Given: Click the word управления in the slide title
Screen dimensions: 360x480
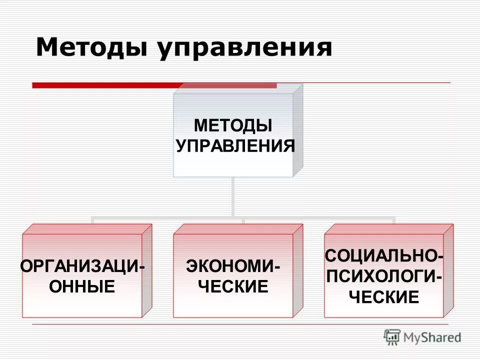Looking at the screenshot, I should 245,49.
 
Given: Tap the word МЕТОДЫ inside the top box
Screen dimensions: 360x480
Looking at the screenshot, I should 233,124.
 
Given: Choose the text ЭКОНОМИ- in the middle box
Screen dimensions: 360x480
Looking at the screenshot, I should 233,265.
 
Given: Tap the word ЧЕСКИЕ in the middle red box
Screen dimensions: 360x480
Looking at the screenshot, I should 233,286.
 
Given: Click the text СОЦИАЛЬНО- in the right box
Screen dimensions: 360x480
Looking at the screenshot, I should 383,255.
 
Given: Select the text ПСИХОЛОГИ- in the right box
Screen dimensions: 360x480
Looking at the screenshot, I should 383,276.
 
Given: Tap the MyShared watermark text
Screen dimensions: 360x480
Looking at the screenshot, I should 432,337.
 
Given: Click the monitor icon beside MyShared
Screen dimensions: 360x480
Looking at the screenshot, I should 392,337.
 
